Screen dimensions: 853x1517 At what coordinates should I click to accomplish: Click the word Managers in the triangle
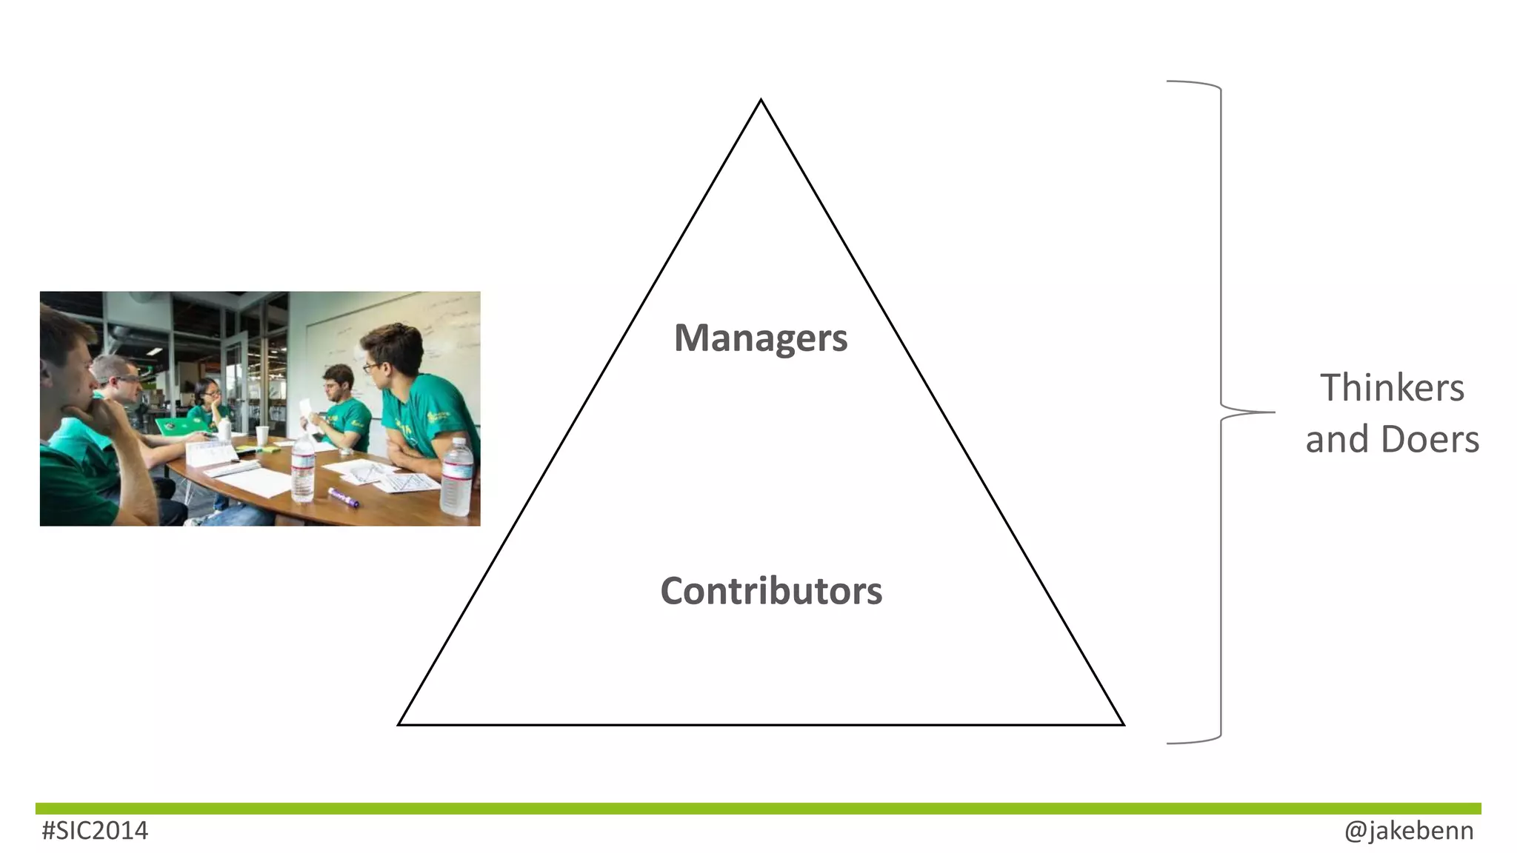760,338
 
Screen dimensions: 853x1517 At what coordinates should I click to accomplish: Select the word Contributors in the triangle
771,591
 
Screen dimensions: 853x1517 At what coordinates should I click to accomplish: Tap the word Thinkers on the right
1392,388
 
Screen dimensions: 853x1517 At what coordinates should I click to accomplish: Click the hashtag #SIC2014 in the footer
95,831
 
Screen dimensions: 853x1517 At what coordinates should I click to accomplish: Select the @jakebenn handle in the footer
1408,831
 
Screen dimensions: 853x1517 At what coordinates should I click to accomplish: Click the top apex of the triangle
761,101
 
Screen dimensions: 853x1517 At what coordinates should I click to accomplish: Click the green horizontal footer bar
758,809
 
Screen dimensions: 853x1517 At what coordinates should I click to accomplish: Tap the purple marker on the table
344,498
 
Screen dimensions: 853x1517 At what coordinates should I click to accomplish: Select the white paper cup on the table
262,435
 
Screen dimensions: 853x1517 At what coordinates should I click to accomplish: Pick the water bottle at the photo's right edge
457,477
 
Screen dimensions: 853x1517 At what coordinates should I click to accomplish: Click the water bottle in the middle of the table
303,468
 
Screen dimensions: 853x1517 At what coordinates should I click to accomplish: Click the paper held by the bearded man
307,412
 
